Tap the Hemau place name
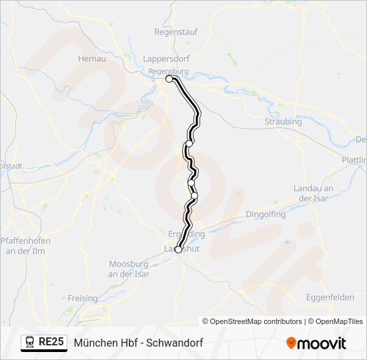(x=92, y=59)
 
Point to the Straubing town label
(x=283, y=122)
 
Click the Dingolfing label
(x=266, y=215)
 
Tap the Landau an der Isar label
(x=313, y=193)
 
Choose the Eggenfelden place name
(x=330, y=297)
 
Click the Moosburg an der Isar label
(x=129, y=269)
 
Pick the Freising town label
(x=83, y=299)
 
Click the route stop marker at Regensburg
(x=169, y=79)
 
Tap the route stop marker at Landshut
(x=178, y=250)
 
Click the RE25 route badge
(x=51, y=343)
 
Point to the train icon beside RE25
(x=30, y=343)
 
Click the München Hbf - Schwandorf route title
(x=138, y=343)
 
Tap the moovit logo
(x=316, y=343)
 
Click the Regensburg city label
(x=169, y=71)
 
